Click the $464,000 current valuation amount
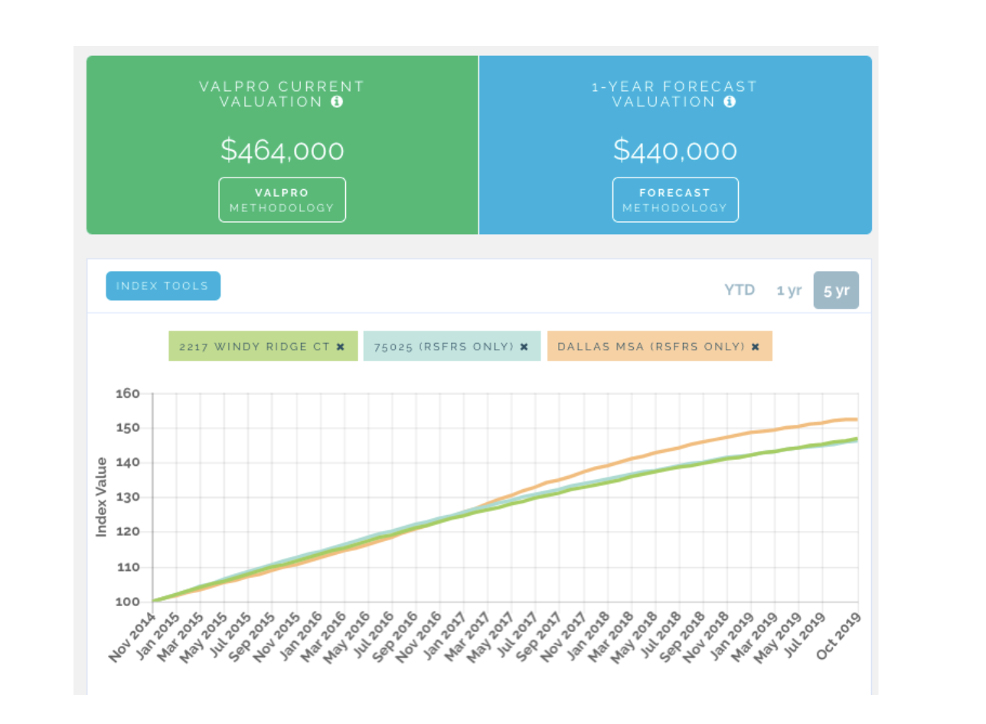coord(282,150)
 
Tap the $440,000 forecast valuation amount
coord(675,150)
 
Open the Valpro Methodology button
coord(282,200)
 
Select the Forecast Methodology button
coord(675,200)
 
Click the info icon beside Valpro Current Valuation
coord(337,102)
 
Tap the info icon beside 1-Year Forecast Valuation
coord(730,102)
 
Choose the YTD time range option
coord(739,290)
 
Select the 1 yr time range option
coord(788,290)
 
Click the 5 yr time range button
coord(836,290)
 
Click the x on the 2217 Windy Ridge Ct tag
coord(341,347)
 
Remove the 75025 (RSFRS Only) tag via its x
coord(524,347)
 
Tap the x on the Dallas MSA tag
coord(756,347)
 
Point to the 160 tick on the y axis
coord(127,394)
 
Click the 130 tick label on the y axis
coord(127,497)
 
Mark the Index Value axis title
coord(102,497)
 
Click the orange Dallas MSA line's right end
coord(856,419)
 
